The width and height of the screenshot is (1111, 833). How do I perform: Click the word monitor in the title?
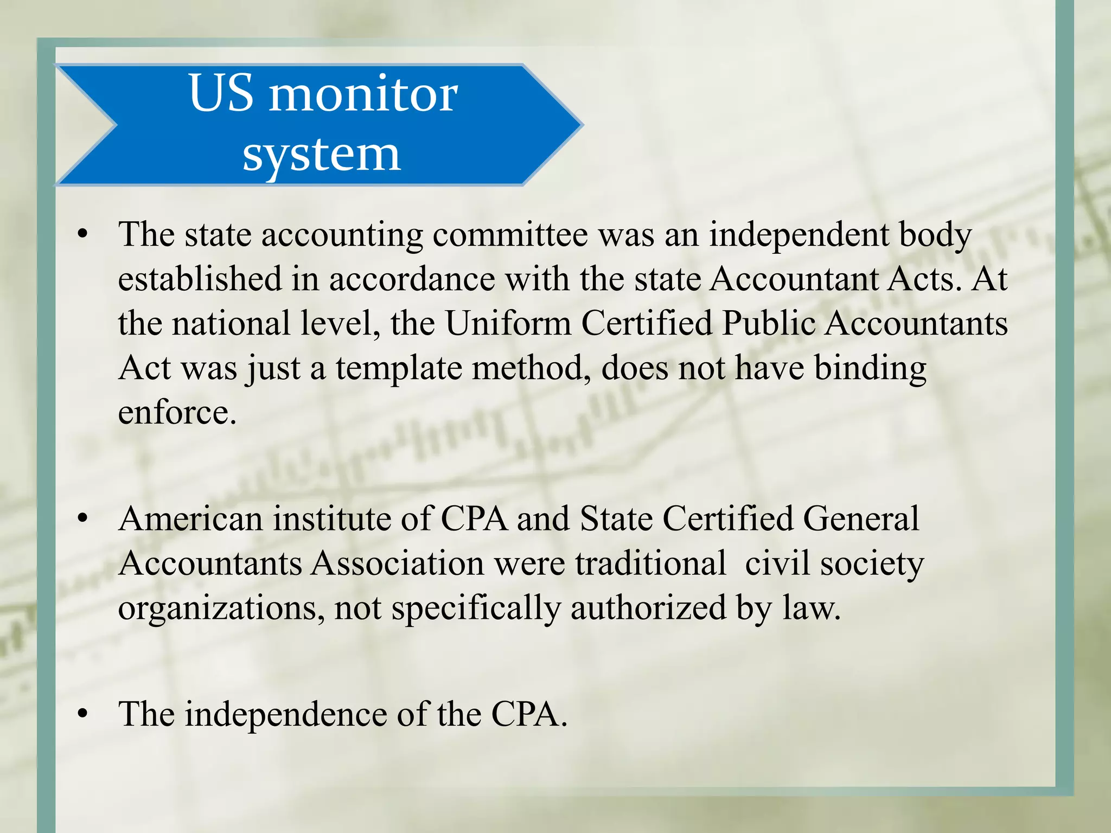click(x=363, y=95)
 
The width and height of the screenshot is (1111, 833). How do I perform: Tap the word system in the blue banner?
click(x=321, y=155)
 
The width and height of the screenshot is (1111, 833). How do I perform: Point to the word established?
click(x=199, y=279)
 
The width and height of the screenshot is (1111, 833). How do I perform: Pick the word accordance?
click(x=412, y=280)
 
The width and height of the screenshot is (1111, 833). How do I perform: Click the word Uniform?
click(x=508, y=324)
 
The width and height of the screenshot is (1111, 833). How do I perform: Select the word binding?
click(x=870, y=369)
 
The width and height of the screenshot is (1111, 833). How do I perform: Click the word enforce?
click(x=177, y=413)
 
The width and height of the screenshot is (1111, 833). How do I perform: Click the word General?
click(x=861, y=519)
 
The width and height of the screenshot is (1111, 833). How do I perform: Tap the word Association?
click(x=398, y=563)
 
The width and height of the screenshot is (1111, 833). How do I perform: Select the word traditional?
click(x=650, y=563)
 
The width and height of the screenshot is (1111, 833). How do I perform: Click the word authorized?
click(x=648, y=608)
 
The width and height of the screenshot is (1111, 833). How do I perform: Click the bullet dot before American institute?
click(x=82, y=519)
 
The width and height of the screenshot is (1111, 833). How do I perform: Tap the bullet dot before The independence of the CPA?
click(x=82, y=714)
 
